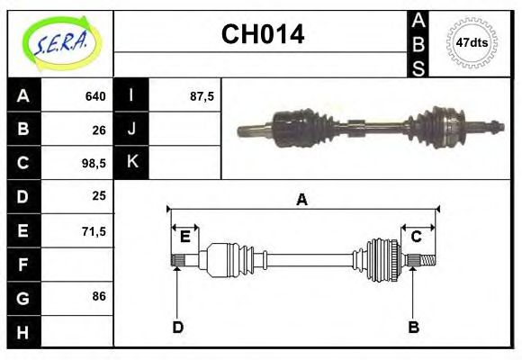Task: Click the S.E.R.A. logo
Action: point(59,43)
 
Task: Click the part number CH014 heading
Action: point(262,35)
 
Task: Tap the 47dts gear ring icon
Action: point(472,42)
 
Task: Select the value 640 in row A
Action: point(95,96)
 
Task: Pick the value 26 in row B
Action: point(99,130)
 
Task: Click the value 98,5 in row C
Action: point(94,163)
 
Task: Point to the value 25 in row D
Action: point(99,196)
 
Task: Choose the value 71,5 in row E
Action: point(94,230)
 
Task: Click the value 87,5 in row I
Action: point(202,96)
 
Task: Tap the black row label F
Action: point(23,265)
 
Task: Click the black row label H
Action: point(23,332)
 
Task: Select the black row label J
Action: point(132,130)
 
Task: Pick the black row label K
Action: point(132,163)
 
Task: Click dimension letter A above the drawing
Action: point(301,200)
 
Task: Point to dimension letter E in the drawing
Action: point(184,237)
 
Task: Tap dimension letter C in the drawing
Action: point(417,237)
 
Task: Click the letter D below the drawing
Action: point(177,327)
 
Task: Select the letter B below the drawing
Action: point(414,327)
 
